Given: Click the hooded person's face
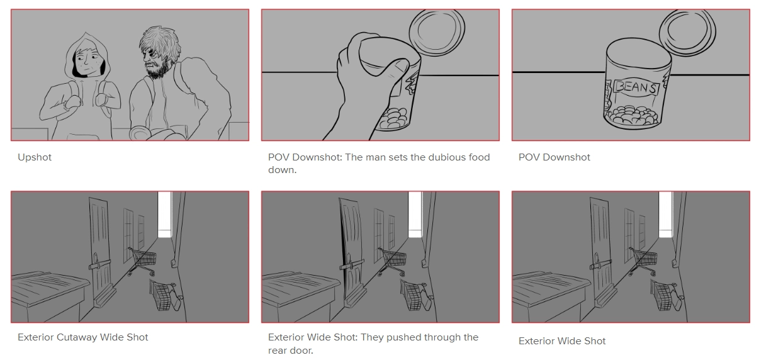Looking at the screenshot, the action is tap(88, 63).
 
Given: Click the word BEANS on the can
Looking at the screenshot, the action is tap(636, 87).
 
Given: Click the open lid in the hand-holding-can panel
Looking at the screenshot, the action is tap(437, 31).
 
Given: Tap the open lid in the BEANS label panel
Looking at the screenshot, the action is tap(687, 32).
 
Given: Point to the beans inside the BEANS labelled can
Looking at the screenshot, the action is tap(632, 116).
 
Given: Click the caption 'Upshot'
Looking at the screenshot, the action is tap(34, 157).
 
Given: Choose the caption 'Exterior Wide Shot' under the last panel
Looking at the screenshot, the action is tap(562, 341).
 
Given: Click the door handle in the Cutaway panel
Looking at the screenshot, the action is tap(99, 264).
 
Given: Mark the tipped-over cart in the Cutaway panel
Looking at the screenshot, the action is tap(164, 295).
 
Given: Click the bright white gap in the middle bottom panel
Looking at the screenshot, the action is tap(415, 214).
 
